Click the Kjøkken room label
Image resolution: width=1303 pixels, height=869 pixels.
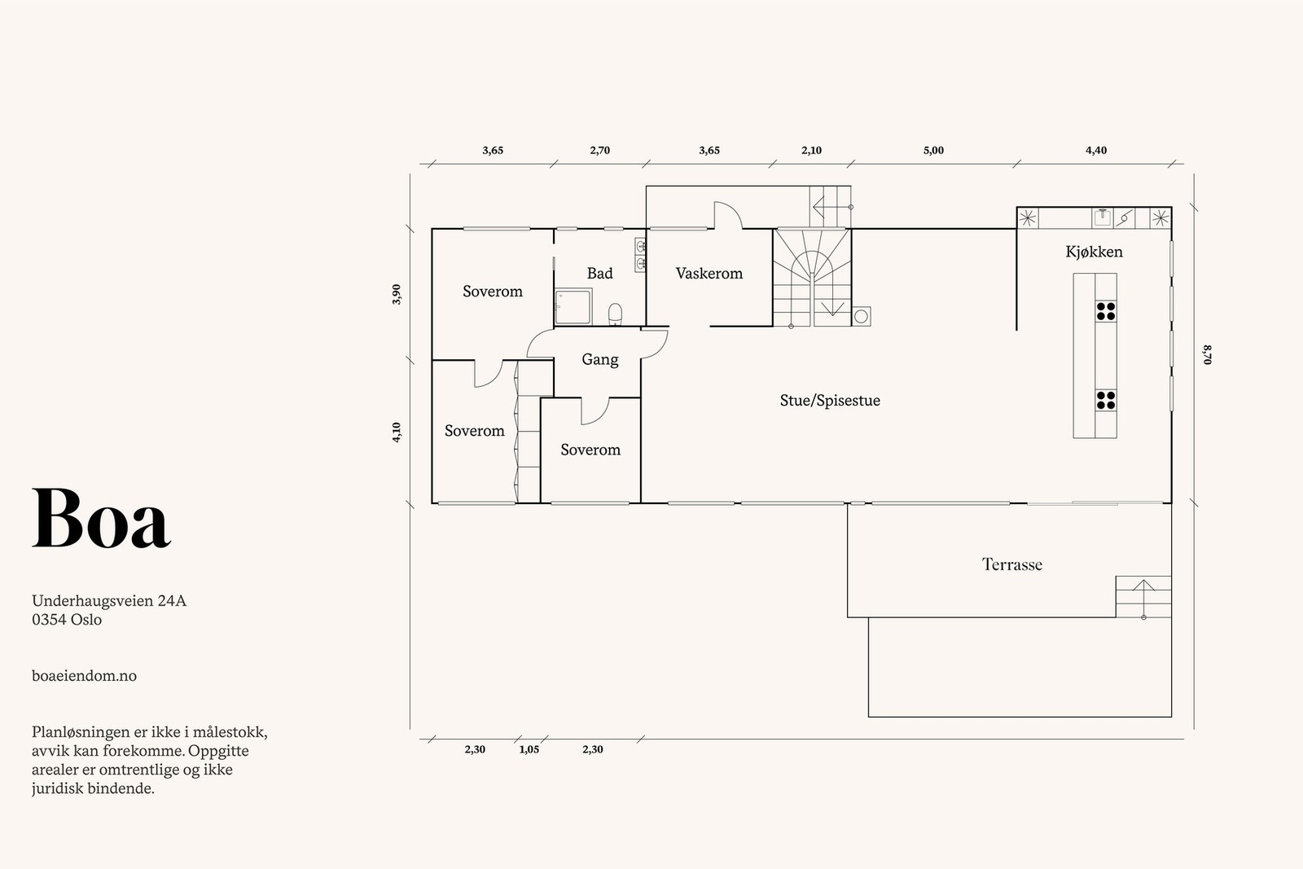1095,252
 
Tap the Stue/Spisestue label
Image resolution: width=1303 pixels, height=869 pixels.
830,400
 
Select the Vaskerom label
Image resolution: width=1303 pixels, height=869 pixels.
709,273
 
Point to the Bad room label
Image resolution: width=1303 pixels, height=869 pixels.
599,273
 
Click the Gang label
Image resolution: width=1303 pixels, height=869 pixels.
599,359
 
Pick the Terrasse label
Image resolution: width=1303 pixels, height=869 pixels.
1012,564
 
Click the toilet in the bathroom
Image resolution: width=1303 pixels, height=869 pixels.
615,314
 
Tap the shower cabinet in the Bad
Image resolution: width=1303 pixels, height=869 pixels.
573,306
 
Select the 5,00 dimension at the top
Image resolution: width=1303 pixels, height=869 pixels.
933,151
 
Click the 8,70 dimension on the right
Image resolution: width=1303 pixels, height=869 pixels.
1208,355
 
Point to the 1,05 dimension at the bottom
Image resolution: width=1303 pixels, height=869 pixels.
529,750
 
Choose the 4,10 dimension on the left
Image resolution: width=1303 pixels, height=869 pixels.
397,432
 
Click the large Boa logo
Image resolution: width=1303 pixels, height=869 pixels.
101,518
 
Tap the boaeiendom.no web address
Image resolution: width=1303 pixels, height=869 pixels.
85,676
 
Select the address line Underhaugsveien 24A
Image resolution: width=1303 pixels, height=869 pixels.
109,601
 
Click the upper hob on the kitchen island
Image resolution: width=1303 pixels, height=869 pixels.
1106,311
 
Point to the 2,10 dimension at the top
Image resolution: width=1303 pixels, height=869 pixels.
811,151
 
